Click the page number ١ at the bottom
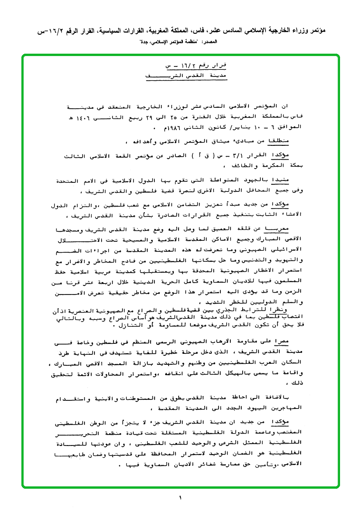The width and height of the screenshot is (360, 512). click(x=180, y=498)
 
